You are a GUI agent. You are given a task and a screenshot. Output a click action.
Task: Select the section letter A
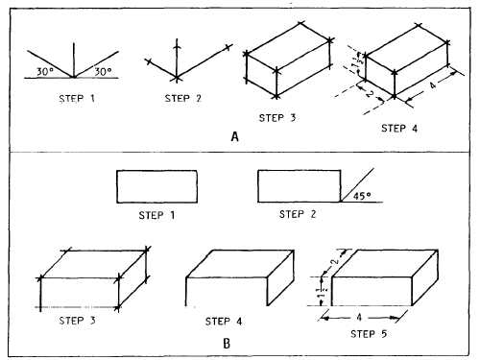tap(234, 136)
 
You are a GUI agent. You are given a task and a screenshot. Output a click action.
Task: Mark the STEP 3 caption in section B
tap(80, 319)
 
